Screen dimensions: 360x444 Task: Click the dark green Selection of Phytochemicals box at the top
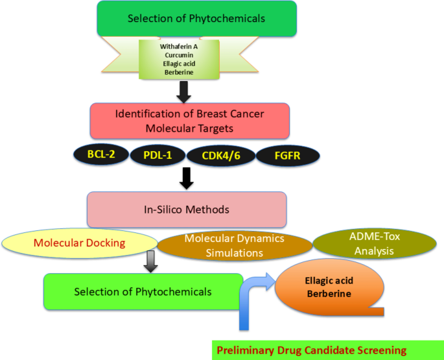point(196,18)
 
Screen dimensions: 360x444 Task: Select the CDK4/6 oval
point(220,156)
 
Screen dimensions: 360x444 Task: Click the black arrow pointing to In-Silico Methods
point(187,178)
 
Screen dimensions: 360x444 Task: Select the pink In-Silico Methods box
point(186,210)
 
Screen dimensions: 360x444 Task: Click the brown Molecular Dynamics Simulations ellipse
point(234,245)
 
